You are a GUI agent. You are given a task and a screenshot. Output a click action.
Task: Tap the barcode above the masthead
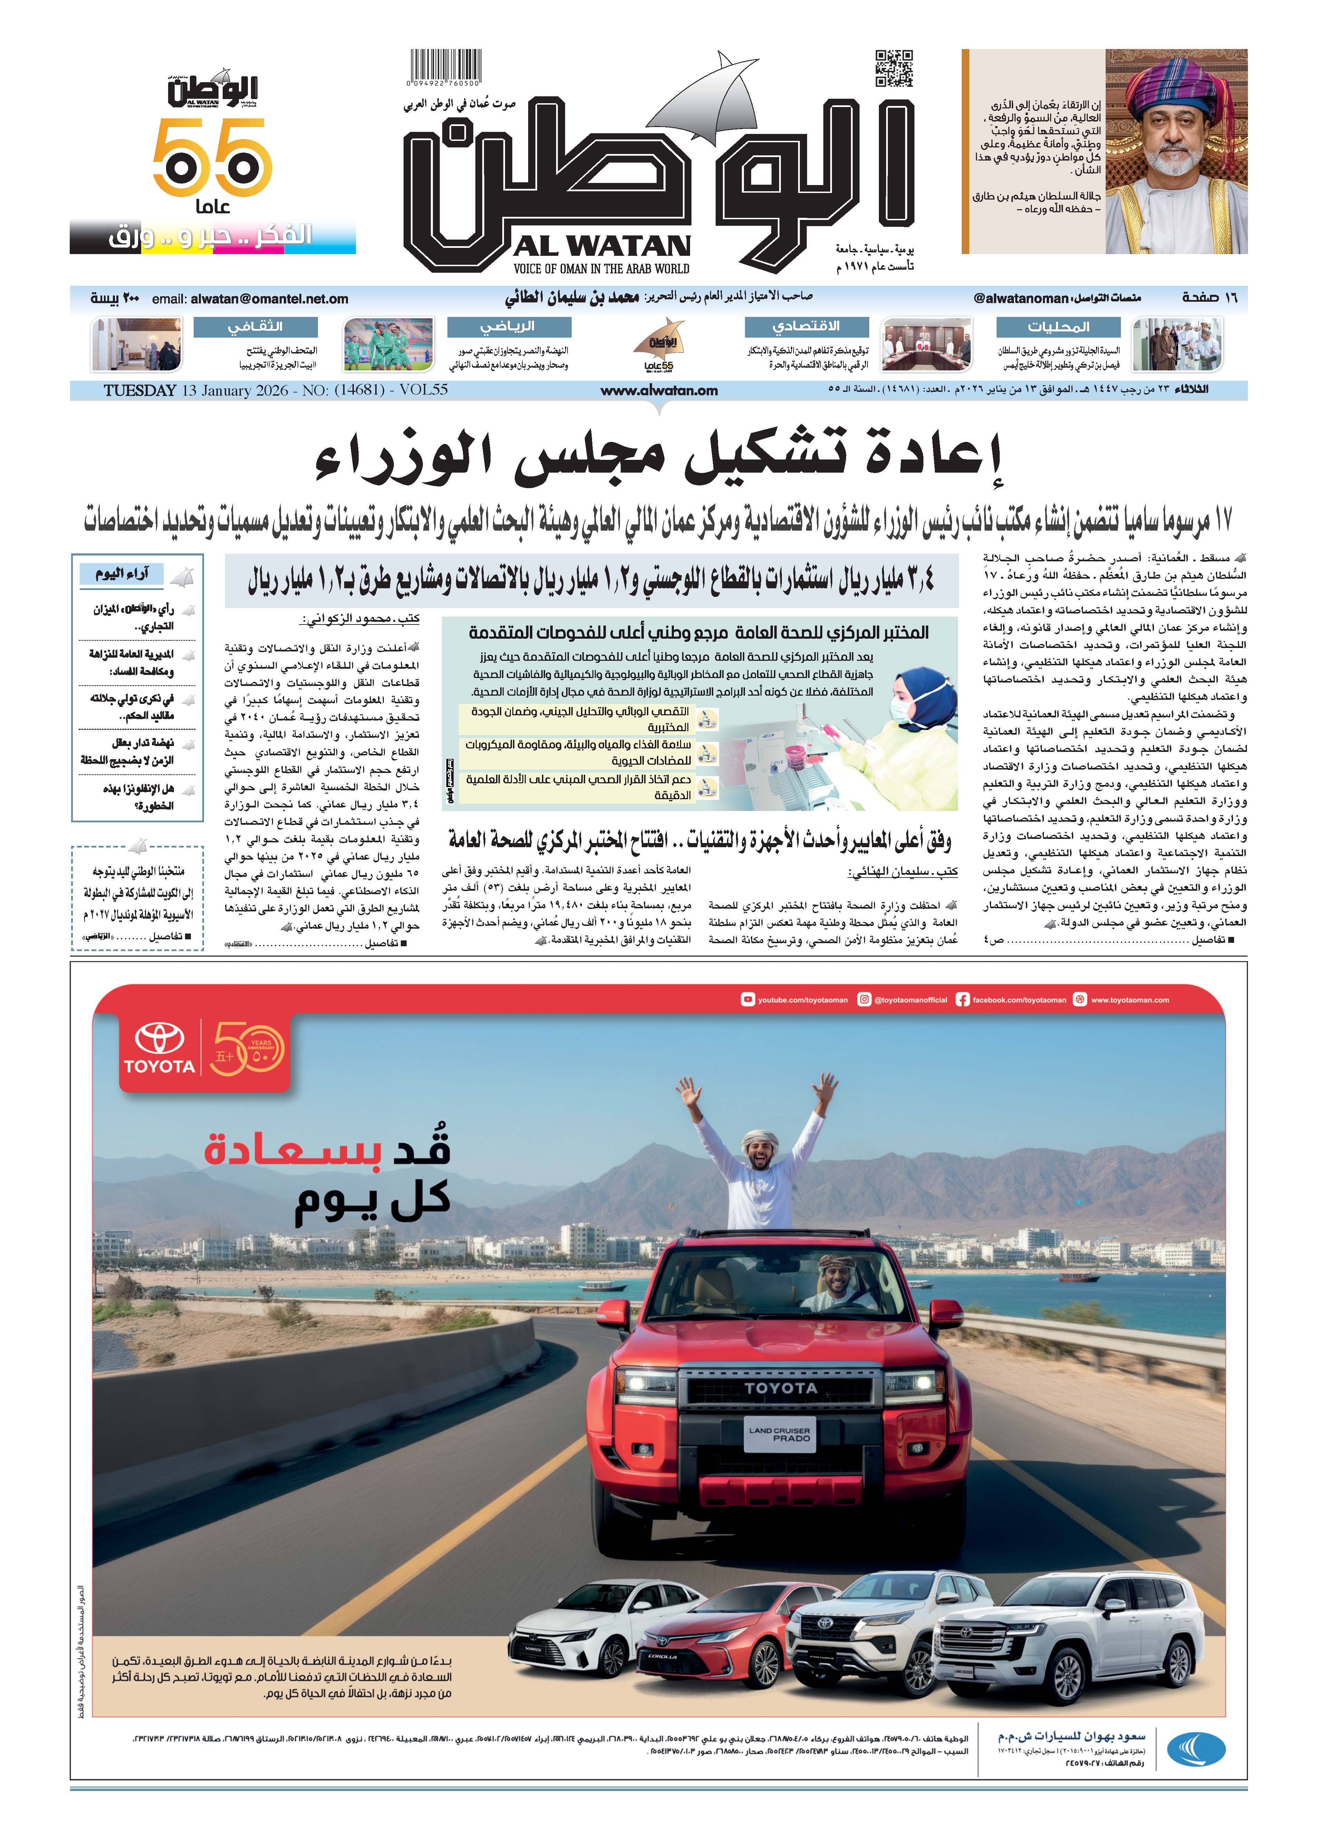[x=445, y=65]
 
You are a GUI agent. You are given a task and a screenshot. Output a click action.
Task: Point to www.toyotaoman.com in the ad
[x=1129, y=1000]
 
